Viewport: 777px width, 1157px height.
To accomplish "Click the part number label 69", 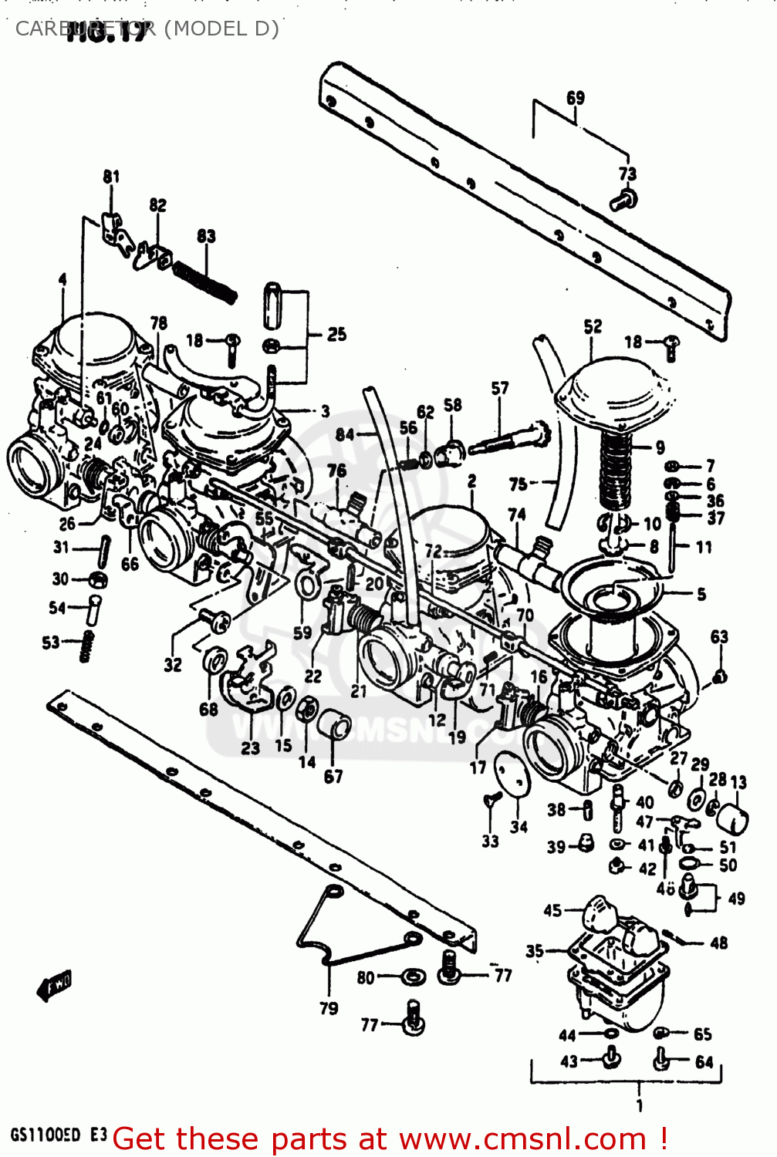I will (576, 98).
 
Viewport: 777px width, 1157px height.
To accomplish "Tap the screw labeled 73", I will (623, 201).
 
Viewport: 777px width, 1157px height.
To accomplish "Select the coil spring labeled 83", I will (204, 282).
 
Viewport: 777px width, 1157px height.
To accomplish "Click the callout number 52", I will (593, 326).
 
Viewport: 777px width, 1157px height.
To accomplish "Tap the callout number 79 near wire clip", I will (329, 1008).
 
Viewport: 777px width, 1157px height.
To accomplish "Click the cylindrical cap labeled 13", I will (732, 818).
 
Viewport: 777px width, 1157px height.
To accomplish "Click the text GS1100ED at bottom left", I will (45, 1135).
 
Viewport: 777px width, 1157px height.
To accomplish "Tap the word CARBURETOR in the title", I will (85, 29).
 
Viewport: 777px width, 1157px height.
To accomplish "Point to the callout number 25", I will (336, 334).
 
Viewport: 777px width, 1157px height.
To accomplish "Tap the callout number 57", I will (500, 388).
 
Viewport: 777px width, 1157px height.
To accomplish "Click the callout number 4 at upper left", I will (62, 279).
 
